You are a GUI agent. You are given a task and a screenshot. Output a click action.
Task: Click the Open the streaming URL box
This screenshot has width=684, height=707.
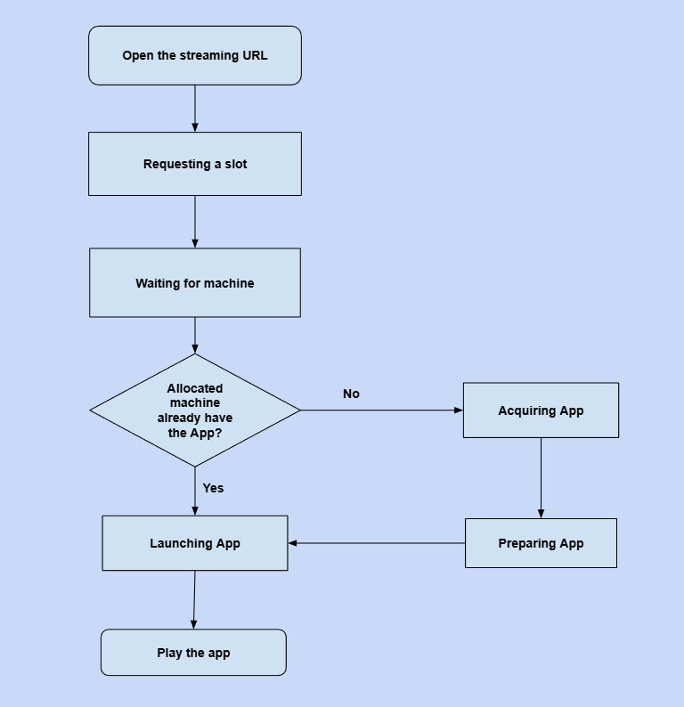click(x=195, y=55)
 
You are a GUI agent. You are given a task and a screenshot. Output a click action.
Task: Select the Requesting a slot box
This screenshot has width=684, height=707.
click(x=195, y=164)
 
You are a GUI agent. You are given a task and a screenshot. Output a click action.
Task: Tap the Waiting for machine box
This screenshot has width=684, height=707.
click(x=195, y=283)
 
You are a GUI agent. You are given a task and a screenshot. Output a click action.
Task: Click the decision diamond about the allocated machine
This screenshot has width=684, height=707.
click(x=195, y=410)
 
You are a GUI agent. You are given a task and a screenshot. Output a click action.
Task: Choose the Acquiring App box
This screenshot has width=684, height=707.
click(x=541, y=410)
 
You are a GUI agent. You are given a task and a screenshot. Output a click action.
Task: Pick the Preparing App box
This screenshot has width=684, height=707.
click(x=541, y=543)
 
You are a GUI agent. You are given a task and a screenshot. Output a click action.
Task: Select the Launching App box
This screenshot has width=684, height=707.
click(x=195, y=543)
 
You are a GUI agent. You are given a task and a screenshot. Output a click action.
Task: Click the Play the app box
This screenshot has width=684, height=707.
click(x=193, y=653)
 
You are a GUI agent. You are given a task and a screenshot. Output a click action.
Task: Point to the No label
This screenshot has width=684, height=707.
click(x=351, y=394)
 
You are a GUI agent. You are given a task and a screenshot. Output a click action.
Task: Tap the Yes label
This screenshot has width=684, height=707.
click(x=213, y=488)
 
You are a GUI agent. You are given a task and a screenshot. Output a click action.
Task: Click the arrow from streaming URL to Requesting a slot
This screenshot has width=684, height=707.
click(x=195, y=109)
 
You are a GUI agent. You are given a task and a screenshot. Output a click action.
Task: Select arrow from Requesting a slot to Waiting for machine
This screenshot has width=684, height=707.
click(x=195, y=222)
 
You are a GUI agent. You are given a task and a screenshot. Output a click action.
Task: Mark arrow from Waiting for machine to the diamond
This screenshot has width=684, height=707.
click(x=195, y=336)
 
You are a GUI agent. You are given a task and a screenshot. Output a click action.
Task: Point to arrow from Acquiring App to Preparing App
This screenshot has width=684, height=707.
click(x=541, y=477)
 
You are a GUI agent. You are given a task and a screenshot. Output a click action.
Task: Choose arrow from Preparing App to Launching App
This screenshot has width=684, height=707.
click(x=376, y=543)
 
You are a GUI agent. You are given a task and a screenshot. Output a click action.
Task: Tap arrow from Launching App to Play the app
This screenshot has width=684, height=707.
click(x=194, y=600)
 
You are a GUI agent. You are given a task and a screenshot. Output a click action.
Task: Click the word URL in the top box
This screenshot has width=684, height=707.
click(x=254, y=55)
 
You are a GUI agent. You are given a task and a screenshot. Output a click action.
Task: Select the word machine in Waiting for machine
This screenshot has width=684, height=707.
click(x=229, y=283)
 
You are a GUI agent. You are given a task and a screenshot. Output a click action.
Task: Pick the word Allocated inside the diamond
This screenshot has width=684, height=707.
click(x=195, y=388)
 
